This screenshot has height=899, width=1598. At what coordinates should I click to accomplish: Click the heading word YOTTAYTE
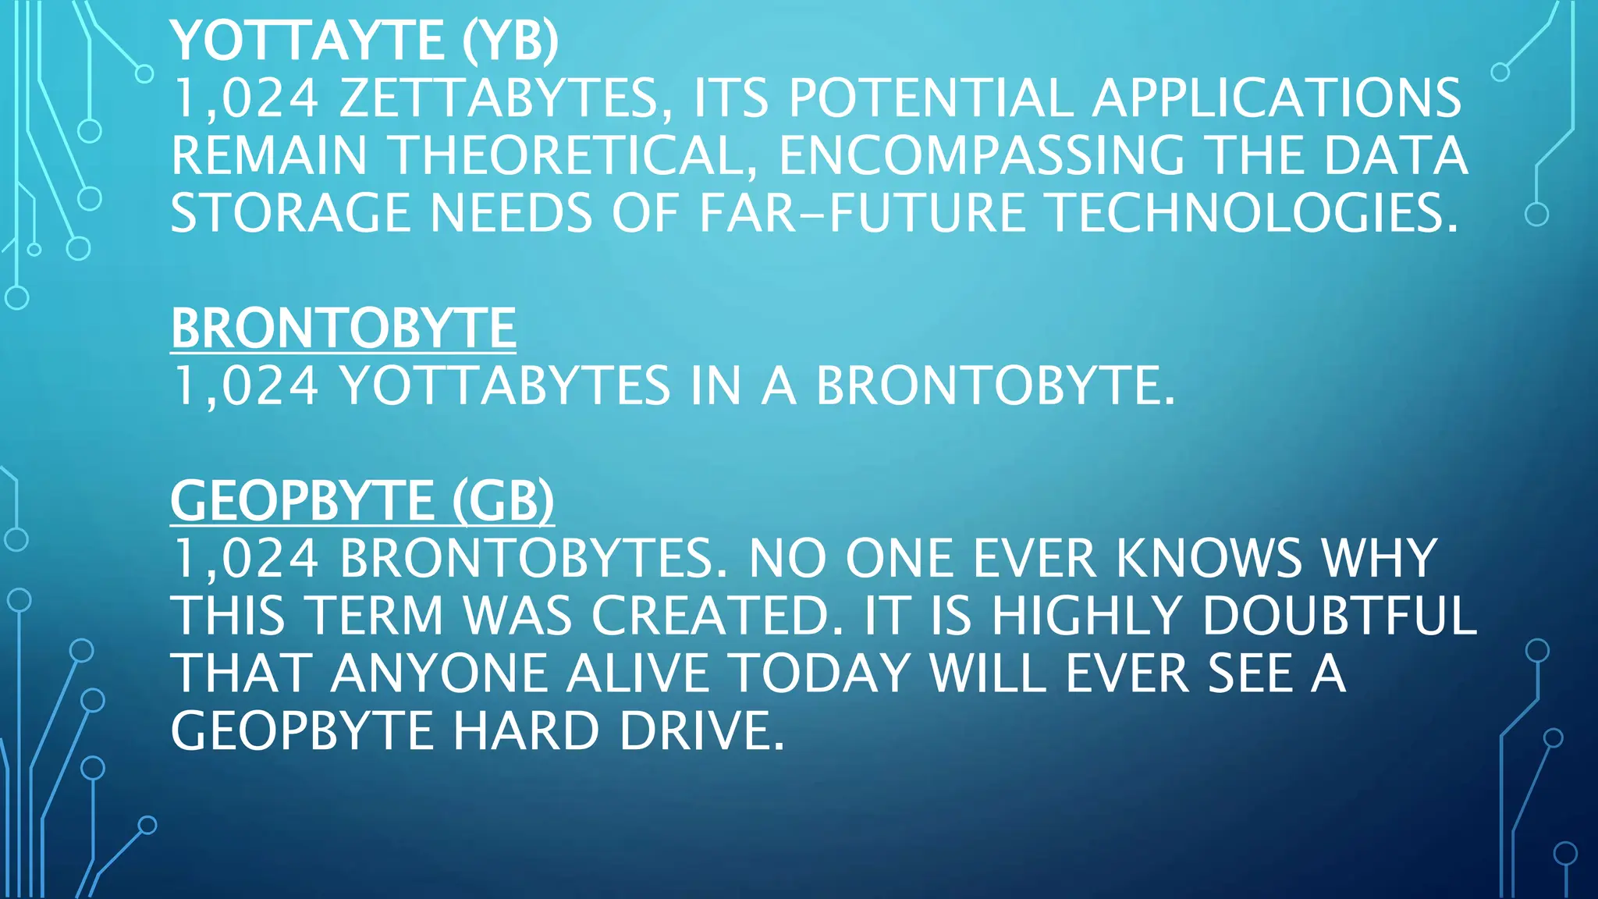307,41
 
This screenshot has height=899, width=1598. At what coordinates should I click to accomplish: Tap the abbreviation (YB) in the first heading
510,41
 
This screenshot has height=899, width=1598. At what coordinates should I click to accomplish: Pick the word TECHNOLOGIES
1252,213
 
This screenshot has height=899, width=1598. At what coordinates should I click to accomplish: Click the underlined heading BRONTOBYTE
343,328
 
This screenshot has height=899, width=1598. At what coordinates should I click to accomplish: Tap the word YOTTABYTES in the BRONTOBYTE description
505,386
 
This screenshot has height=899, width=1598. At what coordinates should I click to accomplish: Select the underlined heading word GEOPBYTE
302,500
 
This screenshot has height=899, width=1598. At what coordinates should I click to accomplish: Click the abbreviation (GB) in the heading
503,500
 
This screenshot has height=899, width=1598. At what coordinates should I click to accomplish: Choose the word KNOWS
1209,558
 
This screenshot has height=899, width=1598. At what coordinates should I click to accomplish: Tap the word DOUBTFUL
1339,616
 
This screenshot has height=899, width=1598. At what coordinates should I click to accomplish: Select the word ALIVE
637,673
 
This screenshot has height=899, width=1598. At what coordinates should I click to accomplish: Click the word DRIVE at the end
701,730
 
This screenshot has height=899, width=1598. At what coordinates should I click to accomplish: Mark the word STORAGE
290,213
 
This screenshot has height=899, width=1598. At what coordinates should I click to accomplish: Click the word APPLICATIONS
1276,98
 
